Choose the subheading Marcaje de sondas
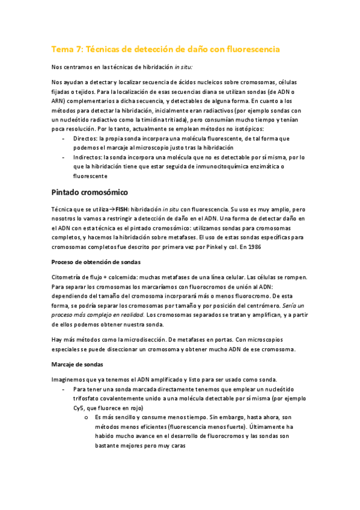[x=77, y=364]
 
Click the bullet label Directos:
[x=86, y=138]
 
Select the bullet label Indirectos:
[x=88, y=158]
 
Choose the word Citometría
[x=68, y=277]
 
